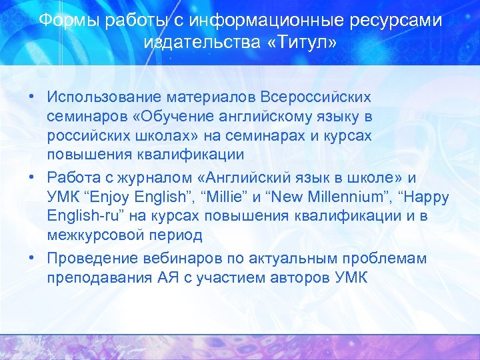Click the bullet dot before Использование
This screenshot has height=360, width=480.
pyautogui.click(x=32, y=97)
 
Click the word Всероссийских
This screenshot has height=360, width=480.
pyautogui.click(x=316, y=97)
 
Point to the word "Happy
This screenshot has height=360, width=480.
pyautogui.click(x=425, y=198)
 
